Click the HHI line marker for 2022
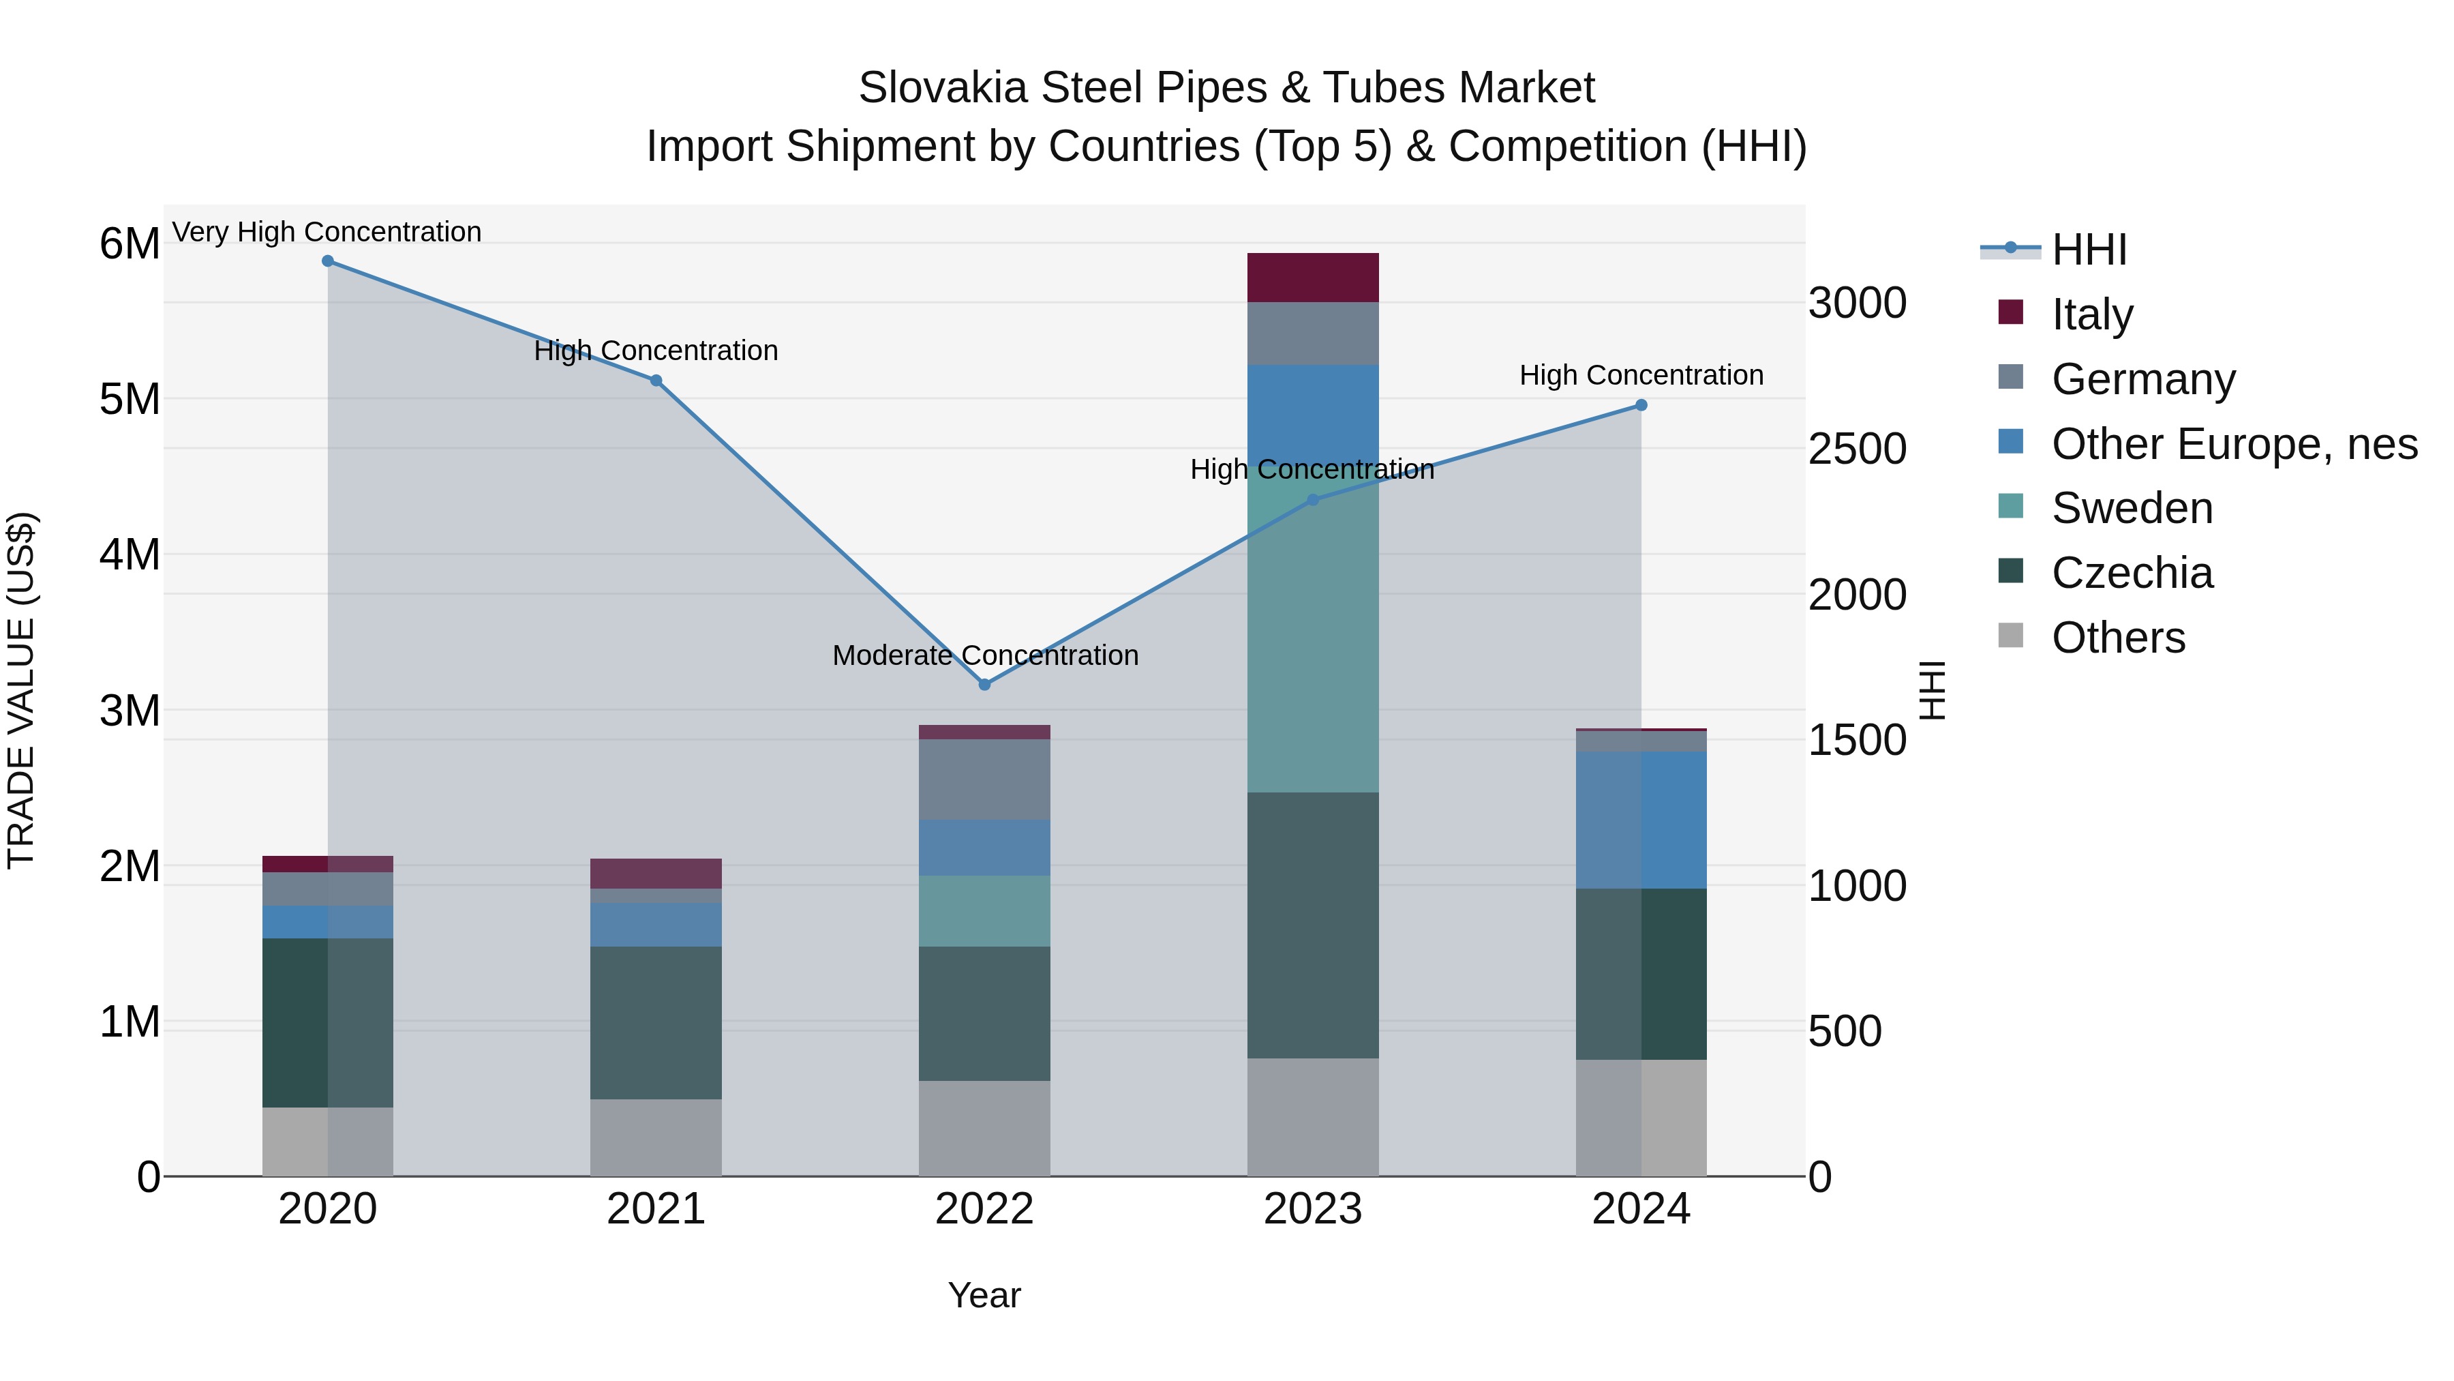point(984,684)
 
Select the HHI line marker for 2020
point(328,261)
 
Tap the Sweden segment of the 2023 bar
point(1313,638)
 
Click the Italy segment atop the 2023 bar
point(1313,278)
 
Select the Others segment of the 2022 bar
point(984,1129)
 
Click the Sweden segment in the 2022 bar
point(984,911)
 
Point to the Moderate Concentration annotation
point(985,655)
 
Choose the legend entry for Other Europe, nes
point(2234,444)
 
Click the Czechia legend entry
point(2132,574)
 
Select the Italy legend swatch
point(2010,312)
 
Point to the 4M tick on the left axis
point(130,554)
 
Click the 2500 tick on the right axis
point(1857,450)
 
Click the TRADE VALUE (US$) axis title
point(21,691)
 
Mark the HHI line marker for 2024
point(1641,405)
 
